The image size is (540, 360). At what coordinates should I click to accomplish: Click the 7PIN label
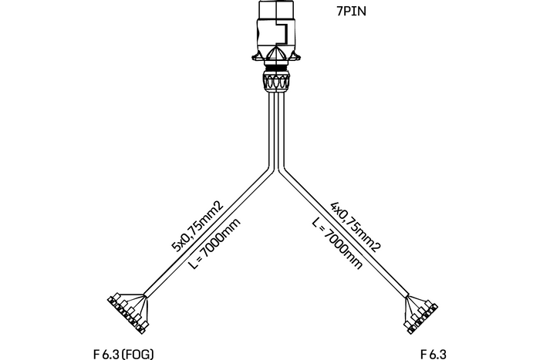(351, 12)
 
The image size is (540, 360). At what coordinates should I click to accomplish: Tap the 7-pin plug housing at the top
(276, 32)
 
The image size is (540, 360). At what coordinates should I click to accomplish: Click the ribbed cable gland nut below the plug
(276, 81)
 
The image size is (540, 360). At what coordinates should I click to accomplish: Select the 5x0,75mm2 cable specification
(197, 226)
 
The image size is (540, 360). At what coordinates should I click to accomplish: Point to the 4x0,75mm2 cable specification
(356, 227)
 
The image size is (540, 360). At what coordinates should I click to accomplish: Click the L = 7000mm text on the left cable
(214, 244)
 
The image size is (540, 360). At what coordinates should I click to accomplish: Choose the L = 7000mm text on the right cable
(338, 244)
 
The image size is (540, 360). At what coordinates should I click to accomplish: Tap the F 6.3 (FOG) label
(123, 354)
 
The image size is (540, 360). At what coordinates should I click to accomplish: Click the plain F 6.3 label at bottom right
(434, 354)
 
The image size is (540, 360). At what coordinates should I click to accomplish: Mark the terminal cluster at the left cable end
(127, 313)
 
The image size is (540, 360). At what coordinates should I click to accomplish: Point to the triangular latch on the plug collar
(276, 54)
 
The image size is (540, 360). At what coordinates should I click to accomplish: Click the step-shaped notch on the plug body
(283, 32)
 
